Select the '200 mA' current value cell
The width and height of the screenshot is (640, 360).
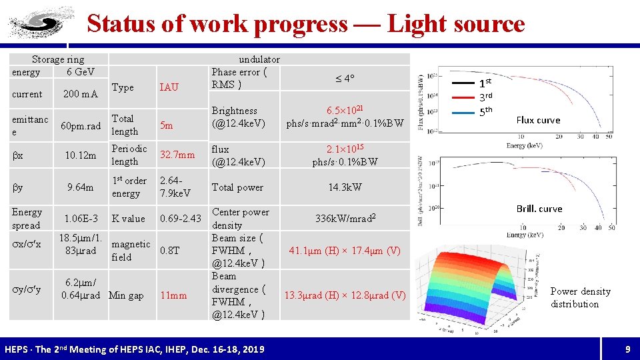pos(81,94)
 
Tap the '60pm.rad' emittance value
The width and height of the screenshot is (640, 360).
pos(81,126)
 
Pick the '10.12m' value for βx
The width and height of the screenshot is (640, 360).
pos(81,155)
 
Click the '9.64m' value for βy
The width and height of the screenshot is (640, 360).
pos(81,187)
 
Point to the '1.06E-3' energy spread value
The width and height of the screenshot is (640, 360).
pos(81,219)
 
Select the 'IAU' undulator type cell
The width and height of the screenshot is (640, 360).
pos(169,87)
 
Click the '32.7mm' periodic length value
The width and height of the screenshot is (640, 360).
pos(177,155)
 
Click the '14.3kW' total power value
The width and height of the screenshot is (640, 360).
pos(345,187)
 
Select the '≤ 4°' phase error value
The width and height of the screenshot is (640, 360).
pos(344,79)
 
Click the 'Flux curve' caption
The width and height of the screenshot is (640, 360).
pos(539,120)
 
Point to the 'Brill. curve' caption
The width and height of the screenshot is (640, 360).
pos(539,209)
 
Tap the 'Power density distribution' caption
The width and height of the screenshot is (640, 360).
pos(580,297)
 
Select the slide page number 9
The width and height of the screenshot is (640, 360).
pos(627,349)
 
